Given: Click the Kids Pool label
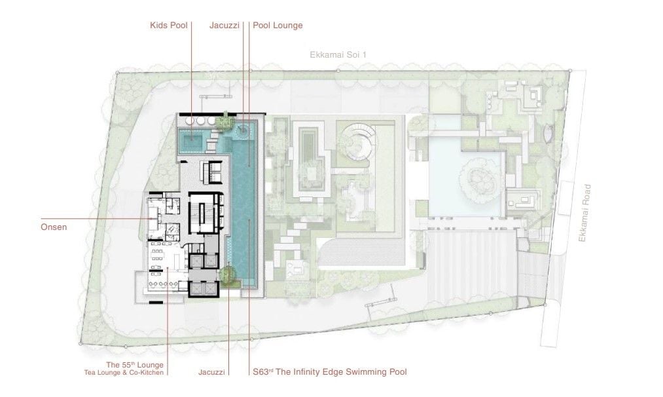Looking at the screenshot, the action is [x=169, y=26].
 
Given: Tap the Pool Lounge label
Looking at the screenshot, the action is [x=278, y=26].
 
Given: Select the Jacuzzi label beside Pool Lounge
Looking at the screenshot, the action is [x=224, y=26].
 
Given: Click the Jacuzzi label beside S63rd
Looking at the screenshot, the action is [x=212, y=373].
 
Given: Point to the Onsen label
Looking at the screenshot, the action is [x=54, y=227].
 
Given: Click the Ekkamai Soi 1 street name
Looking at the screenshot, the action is [x=338, y=54].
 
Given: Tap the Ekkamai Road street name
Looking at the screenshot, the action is [x=584, y=213].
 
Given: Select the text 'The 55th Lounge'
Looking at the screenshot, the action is [x=135, y=365].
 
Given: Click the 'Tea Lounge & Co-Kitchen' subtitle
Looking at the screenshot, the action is [x=124, y=373].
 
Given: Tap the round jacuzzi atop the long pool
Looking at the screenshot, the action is [x=243, y=130].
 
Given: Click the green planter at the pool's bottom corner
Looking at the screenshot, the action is [x=227, y=276].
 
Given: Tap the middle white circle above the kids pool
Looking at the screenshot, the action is [x=201, y=121].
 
